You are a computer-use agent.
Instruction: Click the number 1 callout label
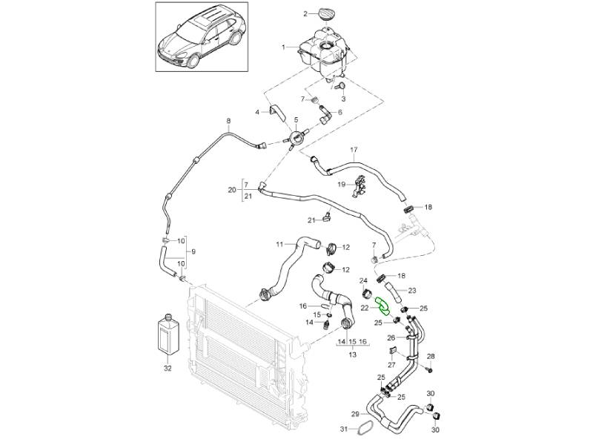pos(283,47)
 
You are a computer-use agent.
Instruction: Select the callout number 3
pos(343,98)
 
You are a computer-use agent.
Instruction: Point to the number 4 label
pos(258,113)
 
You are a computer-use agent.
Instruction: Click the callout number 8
pos(228,121)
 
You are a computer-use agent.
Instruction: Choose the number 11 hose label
pos(280,244)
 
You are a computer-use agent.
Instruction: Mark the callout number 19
pos(342,184)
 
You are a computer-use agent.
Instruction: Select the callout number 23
pos(413,290)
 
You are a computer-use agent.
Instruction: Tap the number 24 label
pos(363,280)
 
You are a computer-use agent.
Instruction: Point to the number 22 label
pos(365,306)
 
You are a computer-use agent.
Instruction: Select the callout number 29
pos(356,414)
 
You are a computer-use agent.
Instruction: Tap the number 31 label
pos(343,429)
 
